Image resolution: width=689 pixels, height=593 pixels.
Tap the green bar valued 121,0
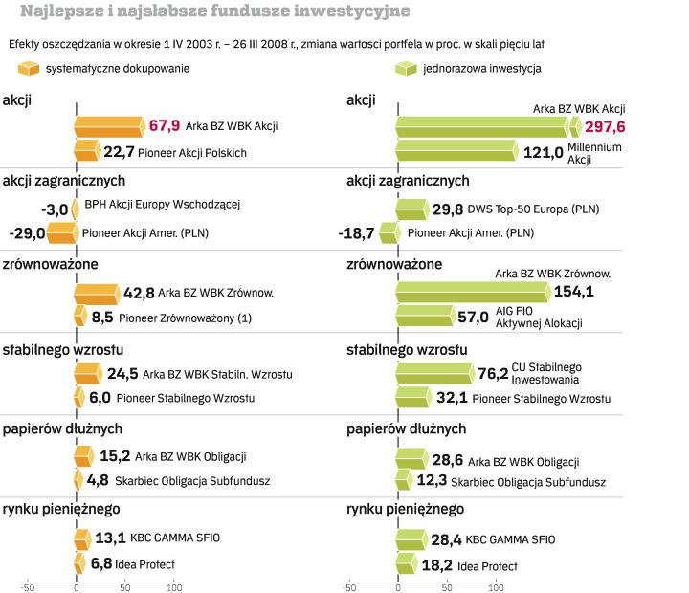click(x=455, y=150)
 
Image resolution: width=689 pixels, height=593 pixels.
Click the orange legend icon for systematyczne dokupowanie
click(x=30, y=69)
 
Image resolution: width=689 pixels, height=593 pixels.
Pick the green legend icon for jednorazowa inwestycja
click(x=408, y=69)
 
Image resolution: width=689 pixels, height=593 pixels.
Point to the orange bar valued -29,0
click(x=60, y=231)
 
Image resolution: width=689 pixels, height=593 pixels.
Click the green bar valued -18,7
click(x=389, y=231)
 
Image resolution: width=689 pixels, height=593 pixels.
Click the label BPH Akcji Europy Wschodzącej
click(x=162, y=204)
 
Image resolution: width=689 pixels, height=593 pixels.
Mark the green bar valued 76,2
click(x=433, y=372)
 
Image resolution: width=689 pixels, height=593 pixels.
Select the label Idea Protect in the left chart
click(x=144, y=565)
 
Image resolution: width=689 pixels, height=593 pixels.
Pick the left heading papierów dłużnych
click(x=63, y=428)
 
